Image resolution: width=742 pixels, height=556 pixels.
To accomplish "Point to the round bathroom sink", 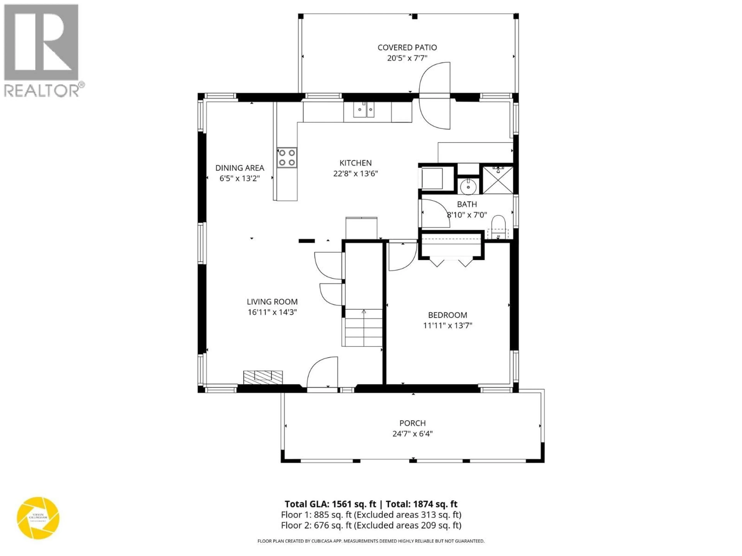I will [468, 187].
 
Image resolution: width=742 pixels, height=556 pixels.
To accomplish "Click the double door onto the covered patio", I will [434, 96].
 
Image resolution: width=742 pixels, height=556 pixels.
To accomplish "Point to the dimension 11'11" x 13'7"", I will [448, 325].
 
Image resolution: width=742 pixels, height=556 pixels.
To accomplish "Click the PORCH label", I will [412, 423].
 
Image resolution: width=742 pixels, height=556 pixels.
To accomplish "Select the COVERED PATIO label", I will [407, 48].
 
